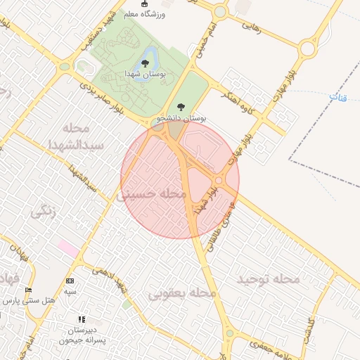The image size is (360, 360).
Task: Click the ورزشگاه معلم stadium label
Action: click(144, 13)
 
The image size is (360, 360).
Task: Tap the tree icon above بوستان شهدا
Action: click(145, 63)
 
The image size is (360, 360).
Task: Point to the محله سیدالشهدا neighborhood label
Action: click(82, 136)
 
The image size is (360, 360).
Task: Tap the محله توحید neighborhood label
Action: click(268, 280)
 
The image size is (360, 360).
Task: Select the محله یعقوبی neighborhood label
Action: click(182, 292)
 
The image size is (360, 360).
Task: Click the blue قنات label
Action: click(337, 98)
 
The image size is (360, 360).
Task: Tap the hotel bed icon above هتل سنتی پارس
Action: click(29, 290)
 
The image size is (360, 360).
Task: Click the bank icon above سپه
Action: click(70, 280)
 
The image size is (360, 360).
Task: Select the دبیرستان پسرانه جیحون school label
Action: click(82, 335)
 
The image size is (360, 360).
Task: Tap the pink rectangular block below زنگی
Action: click(68, 248)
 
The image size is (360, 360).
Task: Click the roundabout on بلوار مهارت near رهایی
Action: click(307, 49)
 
